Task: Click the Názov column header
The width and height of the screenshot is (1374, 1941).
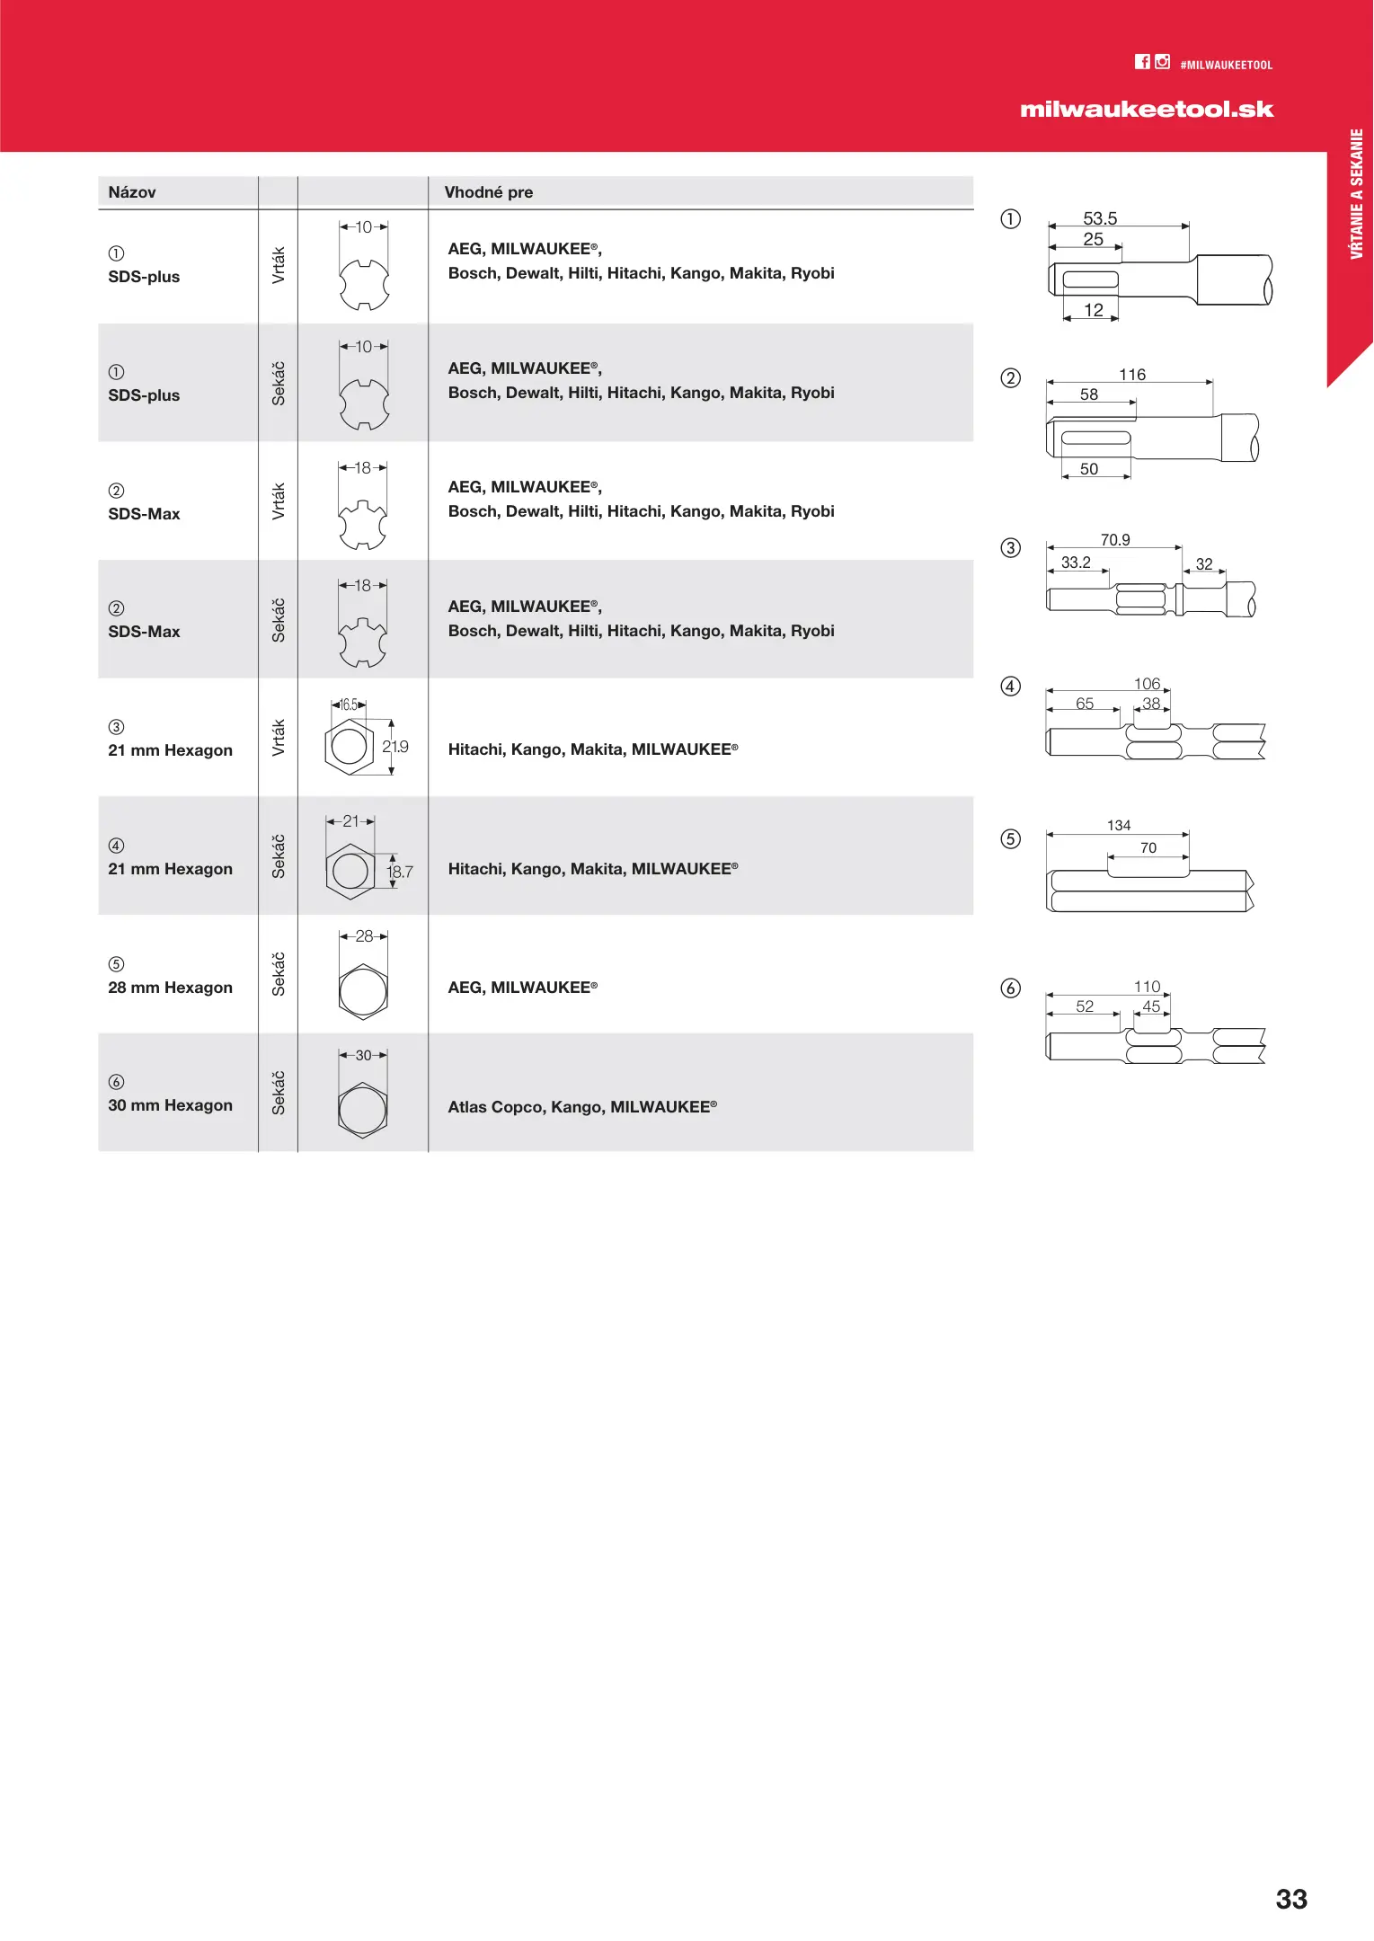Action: (x=132, y=192)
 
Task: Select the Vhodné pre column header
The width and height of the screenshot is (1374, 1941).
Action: (x=488, y=192)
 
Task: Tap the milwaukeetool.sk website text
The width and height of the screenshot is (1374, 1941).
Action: (x=1147, y=110)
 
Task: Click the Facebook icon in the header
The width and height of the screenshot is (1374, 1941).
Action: (x=1142, y=62)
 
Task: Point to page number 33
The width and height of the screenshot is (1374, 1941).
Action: (x=1291, y=1899)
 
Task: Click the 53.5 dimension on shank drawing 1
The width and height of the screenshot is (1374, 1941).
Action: (x=1100, y=218)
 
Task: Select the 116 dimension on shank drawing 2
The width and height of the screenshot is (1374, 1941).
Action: (x=1132, y=375)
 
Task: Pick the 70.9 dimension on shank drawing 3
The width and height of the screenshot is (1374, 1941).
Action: (x=1115, y=540)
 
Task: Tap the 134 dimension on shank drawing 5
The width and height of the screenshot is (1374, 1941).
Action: (x=1119, y=826)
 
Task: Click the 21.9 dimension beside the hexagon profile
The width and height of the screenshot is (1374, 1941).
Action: (x=395, y=747)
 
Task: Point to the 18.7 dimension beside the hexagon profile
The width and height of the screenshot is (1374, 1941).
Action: (x=400, y=872)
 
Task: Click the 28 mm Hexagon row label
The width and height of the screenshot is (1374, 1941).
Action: (x=170, y=988)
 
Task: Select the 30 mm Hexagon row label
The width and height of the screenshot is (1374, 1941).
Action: (x=170, y=1105)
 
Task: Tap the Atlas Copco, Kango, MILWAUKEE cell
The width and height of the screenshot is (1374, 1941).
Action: (x=582, y=1107)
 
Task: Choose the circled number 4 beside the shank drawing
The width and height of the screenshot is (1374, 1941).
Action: (x=1011, y=687)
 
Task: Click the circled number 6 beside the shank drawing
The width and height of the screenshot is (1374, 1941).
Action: (x=1011, y=988)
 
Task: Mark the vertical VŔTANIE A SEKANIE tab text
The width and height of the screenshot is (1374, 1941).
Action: (x=1357, y=194)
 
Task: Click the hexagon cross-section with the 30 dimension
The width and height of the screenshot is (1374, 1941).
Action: (x=363, y=1110)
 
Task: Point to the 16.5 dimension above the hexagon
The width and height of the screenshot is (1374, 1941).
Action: (x=349, y=705)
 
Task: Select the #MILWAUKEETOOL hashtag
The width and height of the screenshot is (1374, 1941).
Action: (x=1226, y=66)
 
